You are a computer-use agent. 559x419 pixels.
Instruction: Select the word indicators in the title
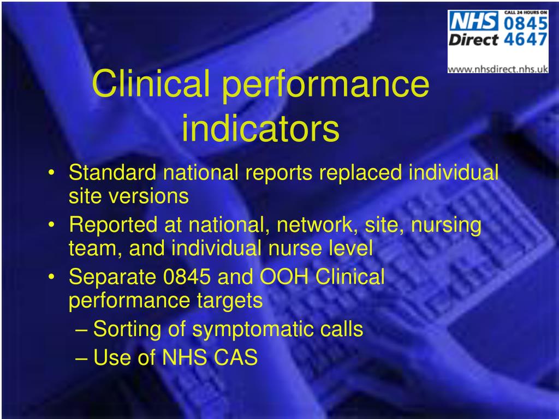pyautogui.click(x=260, y=129)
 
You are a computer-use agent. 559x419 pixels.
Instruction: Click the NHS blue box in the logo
pyautogui.click(x=473, y=22)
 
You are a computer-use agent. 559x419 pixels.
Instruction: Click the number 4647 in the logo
pyautogui.click(x=525, y=40)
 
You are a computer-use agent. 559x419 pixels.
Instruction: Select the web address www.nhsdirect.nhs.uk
pyautogui.click(x=498, y=69)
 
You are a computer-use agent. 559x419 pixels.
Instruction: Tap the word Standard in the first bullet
pyautogui.click(x=112, y=173)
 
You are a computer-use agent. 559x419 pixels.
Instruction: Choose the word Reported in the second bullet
pyautogui.click(x=113, y=225)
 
